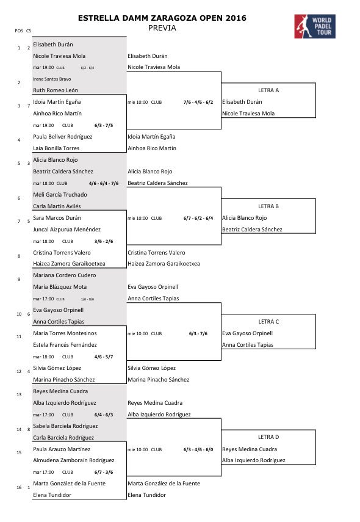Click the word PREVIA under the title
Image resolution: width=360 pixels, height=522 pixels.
(162, 27)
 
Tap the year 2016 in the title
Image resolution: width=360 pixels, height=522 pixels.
(234, 18)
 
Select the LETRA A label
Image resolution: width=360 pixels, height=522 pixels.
(268, 90)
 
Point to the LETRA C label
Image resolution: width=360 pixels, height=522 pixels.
(268, 322)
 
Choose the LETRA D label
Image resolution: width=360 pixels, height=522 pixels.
(268, 437)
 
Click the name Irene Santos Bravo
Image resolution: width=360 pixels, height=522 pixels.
(52, 79)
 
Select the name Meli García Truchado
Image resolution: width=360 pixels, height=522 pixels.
(60, 195)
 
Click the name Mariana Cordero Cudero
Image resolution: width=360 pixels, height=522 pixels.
(64, 275)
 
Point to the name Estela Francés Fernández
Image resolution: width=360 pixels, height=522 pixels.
(65, 345)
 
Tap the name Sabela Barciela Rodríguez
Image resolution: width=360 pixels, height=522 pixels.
(65, 426)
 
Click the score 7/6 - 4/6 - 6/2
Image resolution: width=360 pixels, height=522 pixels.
(198, 102)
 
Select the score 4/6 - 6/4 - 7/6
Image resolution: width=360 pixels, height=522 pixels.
(104, 183)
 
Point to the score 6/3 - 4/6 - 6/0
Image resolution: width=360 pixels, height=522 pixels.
(198, 449)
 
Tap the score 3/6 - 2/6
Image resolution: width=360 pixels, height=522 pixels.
(104, 241)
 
